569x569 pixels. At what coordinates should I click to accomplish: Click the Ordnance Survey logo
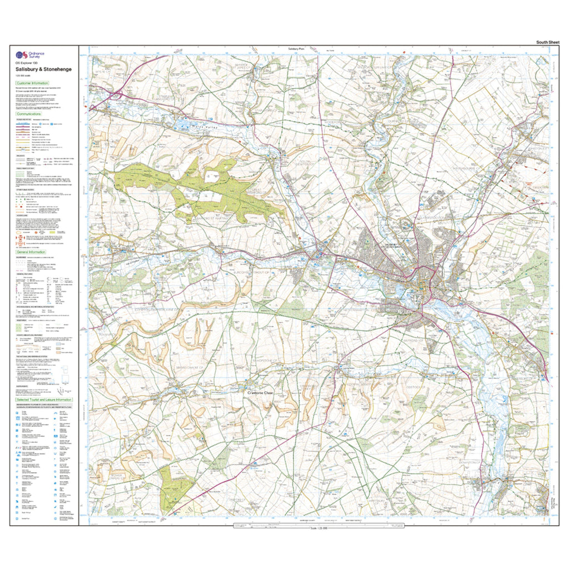29,54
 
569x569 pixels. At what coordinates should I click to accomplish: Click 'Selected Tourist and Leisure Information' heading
44,400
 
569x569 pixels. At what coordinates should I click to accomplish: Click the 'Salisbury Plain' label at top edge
298,49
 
